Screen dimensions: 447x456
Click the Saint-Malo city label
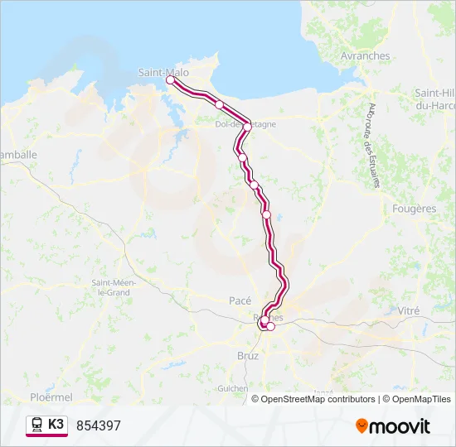(164, 72)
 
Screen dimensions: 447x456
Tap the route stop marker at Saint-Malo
(170, 80)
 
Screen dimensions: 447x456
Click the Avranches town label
(365, 55)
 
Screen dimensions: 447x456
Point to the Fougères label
(414, 209)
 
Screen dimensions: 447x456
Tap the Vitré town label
(409, 310)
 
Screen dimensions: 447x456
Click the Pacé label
(240, 300)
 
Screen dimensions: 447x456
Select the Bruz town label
(248, 355)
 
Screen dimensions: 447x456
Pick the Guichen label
(232, 387)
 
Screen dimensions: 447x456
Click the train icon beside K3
(36, 425)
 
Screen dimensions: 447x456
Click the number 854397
(99, 425)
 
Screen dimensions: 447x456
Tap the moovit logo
(393, 425)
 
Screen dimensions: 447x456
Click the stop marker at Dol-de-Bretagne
(247, 127)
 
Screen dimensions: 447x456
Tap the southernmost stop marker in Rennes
(270, 326)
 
